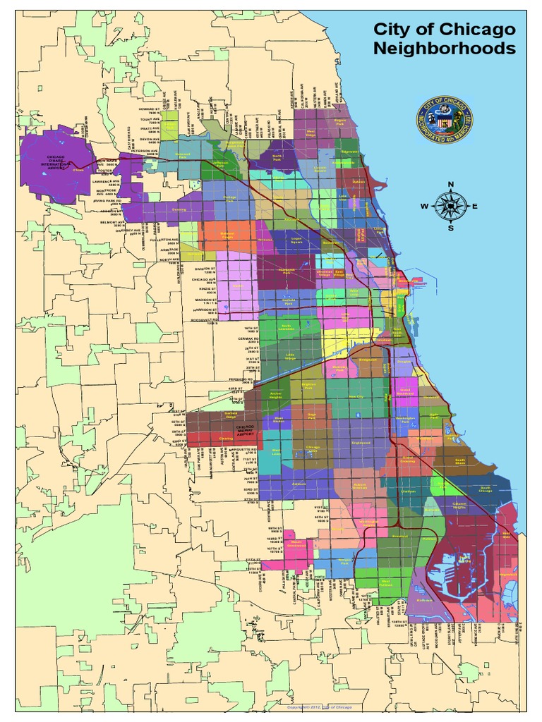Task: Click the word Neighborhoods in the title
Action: tap(444, 49)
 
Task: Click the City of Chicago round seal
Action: tap(445, 121)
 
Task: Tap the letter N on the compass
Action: tap(450, 185)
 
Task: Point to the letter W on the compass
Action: tap(425, 206)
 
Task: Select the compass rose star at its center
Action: tap(450, 206)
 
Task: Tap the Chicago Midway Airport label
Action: tap(245, 430)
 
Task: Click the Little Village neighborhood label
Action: tap(290, 355)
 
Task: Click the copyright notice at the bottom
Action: tap(318, 706)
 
